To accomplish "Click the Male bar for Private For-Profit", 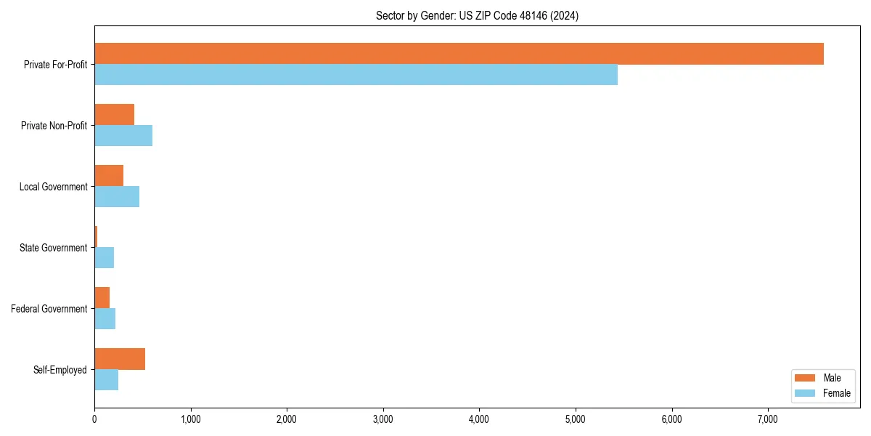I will pyautogui.click(x=459, y=54).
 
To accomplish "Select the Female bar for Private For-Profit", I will pyautogui.click(x=356, y=75).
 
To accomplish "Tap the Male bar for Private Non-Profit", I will pyautogui.click(x=114, y=115).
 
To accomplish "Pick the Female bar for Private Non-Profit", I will pyautogui.click(x=123, y=136).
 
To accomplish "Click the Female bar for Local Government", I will pyautogui.click(x=117, y=197).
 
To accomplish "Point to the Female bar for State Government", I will pyautogui.click(x=104, y=258).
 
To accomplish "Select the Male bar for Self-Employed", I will pyautogui.click(x=120, y=359).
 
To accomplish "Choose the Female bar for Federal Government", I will pyautogui.click(x=105, y=319).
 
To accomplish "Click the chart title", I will pyautogui.click(x=477, y=15).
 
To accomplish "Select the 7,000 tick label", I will pyautogui.click(x=767, y=419).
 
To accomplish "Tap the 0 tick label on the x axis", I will pyautogui.click(x=94, y=419).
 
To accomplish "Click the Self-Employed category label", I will pyautogui.click(x=60, y=370).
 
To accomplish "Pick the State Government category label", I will pyautogui.click(x=54, y=248).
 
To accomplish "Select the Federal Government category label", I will pyautogui.click(x=49, y=309).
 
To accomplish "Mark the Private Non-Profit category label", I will pyautogui.click(x=54, y=126).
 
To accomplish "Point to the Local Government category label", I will pyautogui.click(x=54, y=187).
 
